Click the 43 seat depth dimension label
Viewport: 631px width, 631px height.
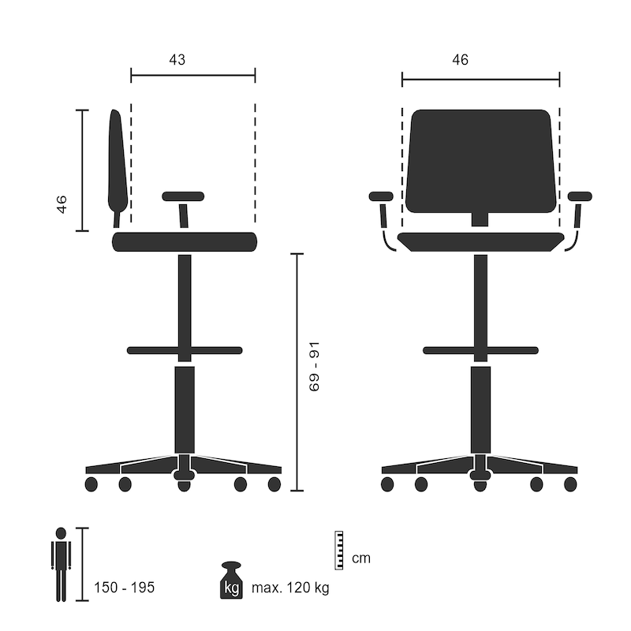click(x=177, y=60)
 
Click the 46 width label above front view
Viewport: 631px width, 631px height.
click(x=460, y=60)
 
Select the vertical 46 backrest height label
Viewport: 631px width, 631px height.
click(x=62, y=204)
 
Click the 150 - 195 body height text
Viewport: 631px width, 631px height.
click(x=124, y=588)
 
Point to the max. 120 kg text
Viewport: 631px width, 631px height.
click(x=290, y=588)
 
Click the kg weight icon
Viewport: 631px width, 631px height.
click(x=232, y=581)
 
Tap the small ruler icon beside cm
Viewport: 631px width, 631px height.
click(x=341, y=550)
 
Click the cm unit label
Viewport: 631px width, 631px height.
click(x=361, y=559)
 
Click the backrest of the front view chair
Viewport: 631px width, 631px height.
click(x=480, y=161)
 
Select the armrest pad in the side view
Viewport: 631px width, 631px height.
click(x=183, y=196)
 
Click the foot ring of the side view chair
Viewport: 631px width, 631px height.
click(x=185, y=349)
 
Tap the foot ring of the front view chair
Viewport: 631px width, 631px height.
click(x=480, y=349)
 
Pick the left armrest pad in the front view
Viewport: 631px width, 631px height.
click(x=381, y=196)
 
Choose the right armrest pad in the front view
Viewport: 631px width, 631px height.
click(x=580, y=196)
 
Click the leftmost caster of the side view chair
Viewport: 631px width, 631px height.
click(x=90, y=484)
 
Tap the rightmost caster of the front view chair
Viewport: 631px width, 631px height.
click(x=570, y=484)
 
